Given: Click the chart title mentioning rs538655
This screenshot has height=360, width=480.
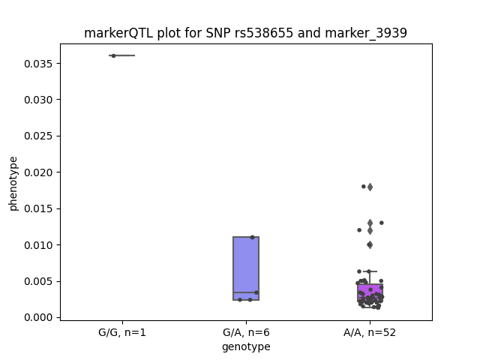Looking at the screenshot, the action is [x=245, y=33].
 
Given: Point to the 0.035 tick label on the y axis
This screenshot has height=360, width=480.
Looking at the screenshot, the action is [x=38, y=64].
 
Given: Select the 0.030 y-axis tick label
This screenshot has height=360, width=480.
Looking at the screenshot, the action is [x=38, y=100].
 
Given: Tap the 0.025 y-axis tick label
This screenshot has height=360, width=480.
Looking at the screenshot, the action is [x=38, y=136].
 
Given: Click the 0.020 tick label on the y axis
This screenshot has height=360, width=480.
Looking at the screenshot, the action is [x=38, y=172].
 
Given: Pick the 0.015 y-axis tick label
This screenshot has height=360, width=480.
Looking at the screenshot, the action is [x=38, y=208].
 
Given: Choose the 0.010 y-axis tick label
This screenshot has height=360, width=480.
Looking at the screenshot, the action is [x=38, y=245].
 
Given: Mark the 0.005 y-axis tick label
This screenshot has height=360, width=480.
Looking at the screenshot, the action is [x=38, y=281].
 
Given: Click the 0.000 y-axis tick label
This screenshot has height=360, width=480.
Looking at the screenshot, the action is [x=38, y=317].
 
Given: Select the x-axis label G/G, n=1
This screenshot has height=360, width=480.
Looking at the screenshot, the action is [x=122, y=332].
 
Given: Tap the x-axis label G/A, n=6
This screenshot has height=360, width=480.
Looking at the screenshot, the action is [x=246, y=332].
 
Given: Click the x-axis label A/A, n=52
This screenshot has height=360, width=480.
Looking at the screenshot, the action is [x=370, y=332].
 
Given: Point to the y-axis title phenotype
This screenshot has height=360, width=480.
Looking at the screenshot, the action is [x=13, y=184].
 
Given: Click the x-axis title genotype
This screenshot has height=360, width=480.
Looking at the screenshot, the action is [x=246, y=346].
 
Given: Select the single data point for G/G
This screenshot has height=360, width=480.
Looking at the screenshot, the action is [x=113, y=55].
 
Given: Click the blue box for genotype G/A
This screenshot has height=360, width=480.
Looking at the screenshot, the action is [x=246, y=268].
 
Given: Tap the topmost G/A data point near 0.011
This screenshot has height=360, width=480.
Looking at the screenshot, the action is [x=252, y=237].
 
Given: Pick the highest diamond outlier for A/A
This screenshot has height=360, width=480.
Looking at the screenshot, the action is [x=370, y=187].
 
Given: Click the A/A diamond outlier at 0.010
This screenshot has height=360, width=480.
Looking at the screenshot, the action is [x=370, y=245].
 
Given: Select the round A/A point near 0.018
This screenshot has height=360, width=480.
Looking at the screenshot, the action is [x=364, y=187].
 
